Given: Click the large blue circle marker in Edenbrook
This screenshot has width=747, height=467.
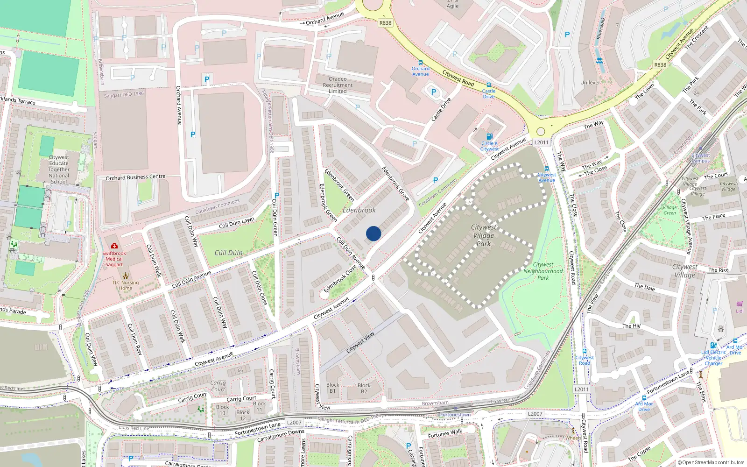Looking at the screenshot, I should click(x=373, y=233).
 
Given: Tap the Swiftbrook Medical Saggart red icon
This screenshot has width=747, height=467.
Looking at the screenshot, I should click(x=114, y=246).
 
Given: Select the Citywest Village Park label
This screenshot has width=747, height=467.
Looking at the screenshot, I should click(x=484, y=235).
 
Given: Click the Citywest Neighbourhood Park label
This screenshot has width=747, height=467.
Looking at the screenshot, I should click(x=543, y=271).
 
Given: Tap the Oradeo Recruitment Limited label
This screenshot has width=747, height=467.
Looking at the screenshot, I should click(x=338, y=85).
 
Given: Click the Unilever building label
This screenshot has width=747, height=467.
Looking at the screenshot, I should click(x=590, y=83).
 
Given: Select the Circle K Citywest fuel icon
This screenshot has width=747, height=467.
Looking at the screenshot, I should click(x=489, y=136).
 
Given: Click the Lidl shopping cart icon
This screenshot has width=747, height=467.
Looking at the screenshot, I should click(x=740, y=304).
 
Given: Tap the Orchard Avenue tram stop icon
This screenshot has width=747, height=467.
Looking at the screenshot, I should click(x=420, y=63).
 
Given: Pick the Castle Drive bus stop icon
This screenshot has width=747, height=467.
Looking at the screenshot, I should click(x=489, y=85).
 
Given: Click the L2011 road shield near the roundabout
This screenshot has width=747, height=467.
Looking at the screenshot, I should click(x=541, y=142).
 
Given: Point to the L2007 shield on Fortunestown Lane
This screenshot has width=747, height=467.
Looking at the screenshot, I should click(x=535, y=414).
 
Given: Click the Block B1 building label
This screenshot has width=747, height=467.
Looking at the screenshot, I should click(x=333, y=388).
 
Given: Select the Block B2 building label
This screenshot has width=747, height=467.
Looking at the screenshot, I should click(x=364, y=388).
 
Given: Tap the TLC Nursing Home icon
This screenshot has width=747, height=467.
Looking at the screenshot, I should click(x=125, y=275).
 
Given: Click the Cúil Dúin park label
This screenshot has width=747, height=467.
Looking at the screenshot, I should click(x=229, y=253).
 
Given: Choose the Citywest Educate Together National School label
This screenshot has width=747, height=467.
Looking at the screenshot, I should click(x=59, y=170).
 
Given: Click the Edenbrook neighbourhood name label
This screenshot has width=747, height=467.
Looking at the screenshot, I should click(x=359, y=210).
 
